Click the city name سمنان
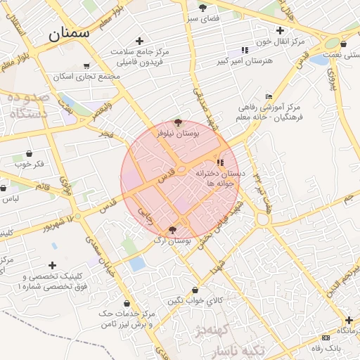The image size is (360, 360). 69,34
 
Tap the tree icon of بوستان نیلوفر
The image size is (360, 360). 177,122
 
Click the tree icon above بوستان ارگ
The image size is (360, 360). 173,230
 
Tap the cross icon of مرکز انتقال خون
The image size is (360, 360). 280,30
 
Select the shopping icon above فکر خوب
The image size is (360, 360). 29,153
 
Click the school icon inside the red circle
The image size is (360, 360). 221,162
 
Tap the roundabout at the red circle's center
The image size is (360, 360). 181,171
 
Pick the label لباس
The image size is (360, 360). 11,199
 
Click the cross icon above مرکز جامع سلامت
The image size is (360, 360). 139,41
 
